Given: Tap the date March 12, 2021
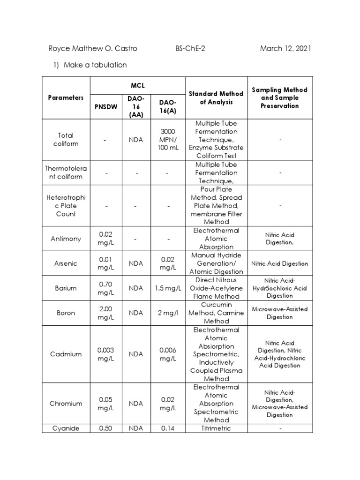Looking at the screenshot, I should [285, 49].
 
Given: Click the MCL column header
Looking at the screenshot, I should [138, 86].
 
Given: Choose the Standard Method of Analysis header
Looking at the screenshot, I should [216, 97].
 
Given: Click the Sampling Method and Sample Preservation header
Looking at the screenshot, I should [279, 97].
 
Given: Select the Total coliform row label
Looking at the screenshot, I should [66, 139].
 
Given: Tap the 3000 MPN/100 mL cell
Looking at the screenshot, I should [168, 139].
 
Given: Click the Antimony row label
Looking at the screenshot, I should [66, 239].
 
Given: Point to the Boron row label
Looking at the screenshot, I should [66, 313].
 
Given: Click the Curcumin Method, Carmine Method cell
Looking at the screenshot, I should [216, 313].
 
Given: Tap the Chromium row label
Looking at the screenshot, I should [66, 404].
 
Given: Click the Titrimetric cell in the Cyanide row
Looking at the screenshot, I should [216, 428].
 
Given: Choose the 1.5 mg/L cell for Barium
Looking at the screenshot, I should [168, 288].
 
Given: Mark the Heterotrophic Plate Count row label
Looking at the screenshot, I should [66, 205].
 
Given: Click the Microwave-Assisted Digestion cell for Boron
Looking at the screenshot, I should [279, 313].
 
